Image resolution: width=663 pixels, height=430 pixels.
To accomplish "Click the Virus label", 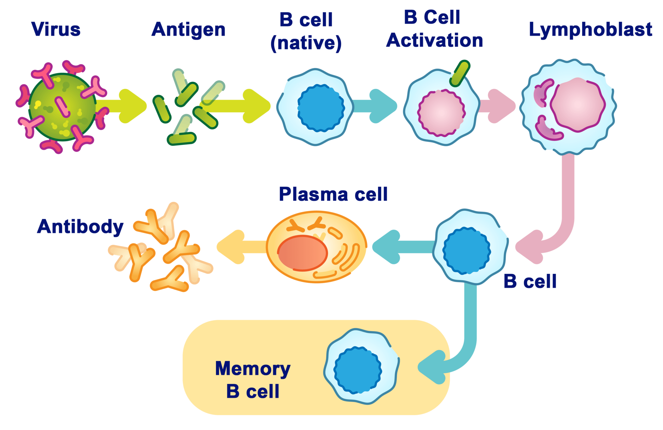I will [x=56, y=29].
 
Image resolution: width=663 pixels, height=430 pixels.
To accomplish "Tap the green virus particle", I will [x=62, y=107].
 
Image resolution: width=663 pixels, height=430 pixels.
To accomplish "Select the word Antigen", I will [x=189, y=30].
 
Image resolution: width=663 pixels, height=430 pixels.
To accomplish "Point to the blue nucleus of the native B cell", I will [x=321, y=108].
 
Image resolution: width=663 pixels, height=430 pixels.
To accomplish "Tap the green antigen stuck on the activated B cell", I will [x=460, y=73].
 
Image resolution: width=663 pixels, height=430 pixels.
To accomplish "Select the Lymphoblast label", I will [x=590, y=30].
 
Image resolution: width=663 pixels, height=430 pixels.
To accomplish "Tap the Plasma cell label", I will [x=333, y=194].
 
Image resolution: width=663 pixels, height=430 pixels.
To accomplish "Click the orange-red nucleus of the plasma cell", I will [x=302, y=253].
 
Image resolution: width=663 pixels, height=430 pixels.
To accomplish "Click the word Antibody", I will [x=80, y=227].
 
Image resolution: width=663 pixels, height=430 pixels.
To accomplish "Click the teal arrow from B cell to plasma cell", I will [x=401, y=247].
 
